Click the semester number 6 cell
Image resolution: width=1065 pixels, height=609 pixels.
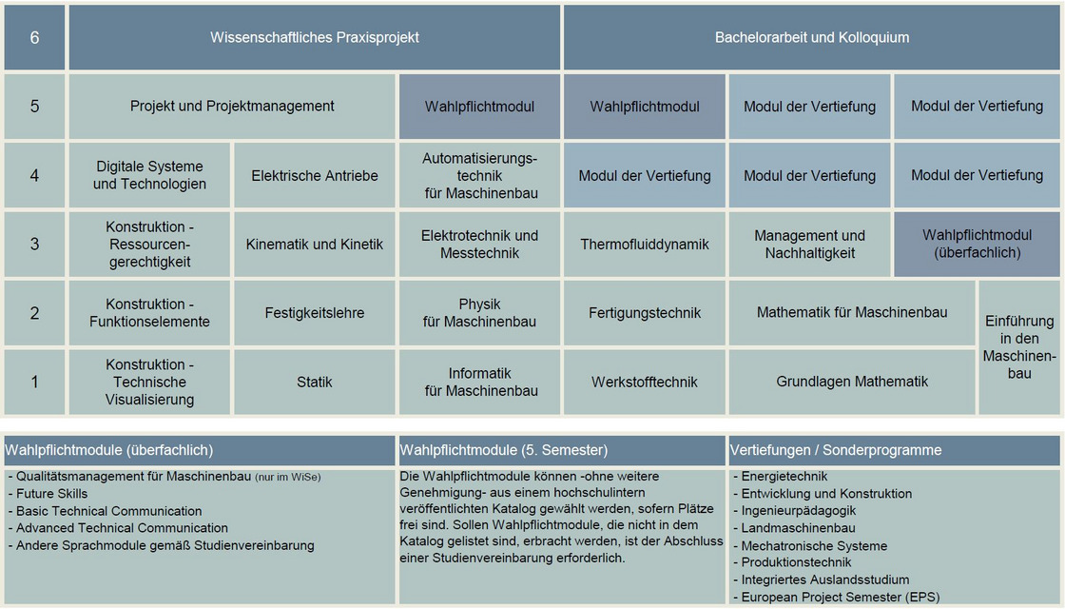tap(34, 38)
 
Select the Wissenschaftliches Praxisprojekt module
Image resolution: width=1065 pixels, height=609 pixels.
tap(314, 38)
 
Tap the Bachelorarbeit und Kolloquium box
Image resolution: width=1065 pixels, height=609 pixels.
tap(812, 38)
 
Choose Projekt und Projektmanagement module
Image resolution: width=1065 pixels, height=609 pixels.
tap(232, 107)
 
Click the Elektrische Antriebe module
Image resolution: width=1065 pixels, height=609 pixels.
tap(315, 175)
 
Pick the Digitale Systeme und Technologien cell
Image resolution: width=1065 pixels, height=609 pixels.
tap(149, 175)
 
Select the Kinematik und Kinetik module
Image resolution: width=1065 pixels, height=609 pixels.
tap(315, 245)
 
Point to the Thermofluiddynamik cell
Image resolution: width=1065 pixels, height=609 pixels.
tap(645, 245)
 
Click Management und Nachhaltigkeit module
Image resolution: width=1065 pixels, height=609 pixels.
tap(810, 245)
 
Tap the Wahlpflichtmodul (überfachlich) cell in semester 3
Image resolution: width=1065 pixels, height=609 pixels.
tap(978, 245)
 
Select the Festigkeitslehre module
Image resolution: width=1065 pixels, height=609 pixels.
tap(315, 313)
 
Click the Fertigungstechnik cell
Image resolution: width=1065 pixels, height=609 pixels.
tap(645, 313)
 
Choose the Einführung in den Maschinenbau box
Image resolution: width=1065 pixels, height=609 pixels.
tap(1019, 347)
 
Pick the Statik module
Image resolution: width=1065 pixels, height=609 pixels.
tap(315, 382)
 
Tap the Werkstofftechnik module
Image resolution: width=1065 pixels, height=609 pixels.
tap(645, 382)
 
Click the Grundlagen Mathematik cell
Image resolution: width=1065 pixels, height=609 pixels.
tap(852, 382)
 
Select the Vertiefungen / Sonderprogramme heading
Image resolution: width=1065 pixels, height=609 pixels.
tap(836, 450)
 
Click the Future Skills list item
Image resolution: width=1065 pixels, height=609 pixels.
tap(52, 494)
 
